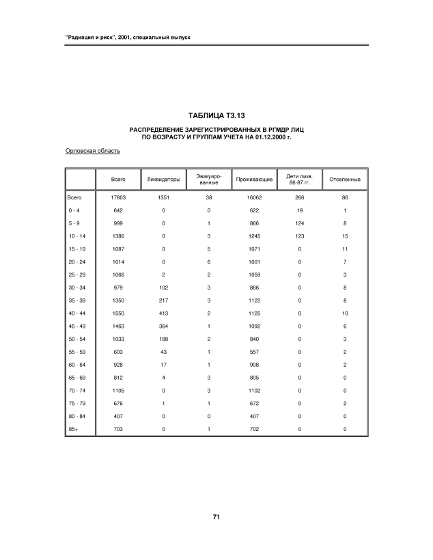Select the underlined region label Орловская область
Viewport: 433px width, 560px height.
(x=92, y=151)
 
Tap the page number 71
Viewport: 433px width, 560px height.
(x=216, y=517)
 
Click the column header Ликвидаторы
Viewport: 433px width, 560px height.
(x=164, y=180)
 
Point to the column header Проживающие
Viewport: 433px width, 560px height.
(x=254, y=180)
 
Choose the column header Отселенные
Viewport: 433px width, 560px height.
(x=345, y=180)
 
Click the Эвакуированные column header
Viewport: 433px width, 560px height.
(x=208, y=180)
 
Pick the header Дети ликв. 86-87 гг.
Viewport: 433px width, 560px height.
(x=299, y=180)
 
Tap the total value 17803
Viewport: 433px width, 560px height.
(x=118, y=197)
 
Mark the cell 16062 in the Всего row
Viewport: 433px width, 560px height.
(x=254, y=197)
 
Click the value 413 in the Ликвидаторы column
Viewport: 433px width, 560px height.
(x=163, y=313)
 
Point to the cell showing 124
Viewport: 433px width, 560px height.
(x=299, y=223)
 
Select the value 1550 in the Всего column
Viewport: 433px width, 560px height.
(x=118, y=313)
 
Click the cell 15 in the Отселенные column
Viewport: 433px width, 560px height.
(x=345, y=236)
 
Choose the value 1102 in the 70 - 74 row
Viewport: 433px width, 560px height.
(x=254, y=390)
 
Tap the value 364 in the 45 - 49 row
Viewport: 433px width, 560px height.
(x=163, y=326)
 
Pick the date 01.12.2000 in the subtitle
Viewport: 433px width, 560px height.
(x=268, y=137)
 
